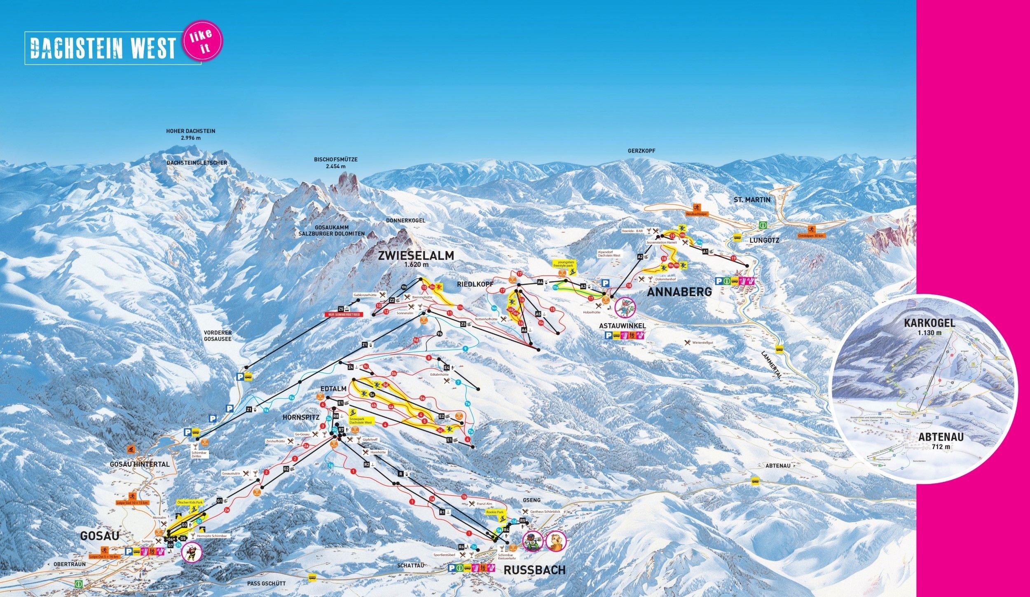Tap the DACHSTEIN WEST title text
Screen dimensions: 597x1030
pos(103,48)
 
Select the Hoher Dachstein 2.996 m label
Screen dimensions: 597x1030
pos(190,134)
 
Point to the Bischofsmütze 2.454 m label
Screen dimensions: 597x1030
pos(335,162)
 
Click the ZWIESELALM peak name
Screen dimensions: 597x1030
pos(416,256)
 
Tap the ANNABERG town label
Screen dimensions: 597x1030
pos(679,292)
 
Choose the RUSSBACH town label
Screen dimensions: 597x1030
pos(534,570)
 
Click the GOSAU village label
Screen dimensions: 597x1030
pos(99,536)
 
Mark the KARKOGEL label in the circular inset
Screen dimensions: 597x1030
pos(929,323)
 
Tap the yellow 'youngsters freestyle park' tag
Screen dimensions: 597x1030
pos(565,263)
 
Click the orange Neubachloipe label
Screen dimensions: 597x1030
pos(696,214)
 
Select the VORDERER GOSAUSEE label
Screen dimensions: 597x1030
pos(218,336)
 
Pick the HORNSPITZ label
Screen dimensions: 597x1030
pos(301,417)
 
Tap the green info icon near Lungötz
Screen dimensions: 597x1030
pos(763,226)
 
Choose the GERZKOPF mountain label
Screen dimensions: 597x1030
pos(641,151)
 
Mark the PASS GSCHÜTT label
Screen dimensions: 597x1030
pos(266,583)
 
